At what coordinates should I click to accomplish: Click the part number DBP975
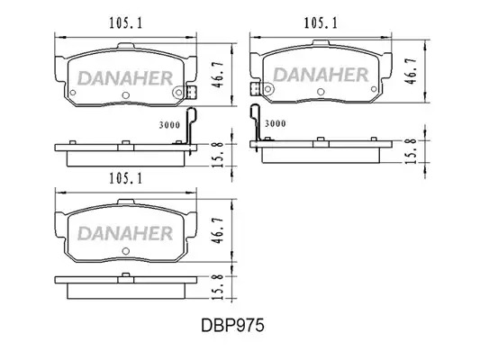(x=232, y=326)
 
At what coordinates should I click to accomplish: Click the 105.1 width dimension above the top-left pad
(x=126, y=23)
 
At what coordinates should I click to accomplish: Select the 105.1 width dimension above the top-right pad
(x=321, y=23)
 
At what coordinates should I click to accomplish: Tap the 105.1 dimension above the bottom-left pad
(x=126, y=178)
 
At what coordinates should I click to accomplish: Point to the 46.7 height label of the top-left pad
(x=219, y=76)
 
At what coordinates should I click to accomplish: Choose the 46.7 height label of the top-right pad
(x=411, y=71)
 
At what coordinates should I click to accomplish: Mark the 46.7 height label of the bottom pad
(x=219, y=230)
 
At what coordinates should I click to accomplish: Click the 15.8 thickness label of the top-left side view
(x=218, y=154)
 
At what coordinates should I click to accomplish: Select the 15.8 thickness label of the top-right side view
(x=411, y=151)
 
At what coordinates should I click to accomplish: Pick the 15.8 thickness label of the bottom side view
(x=218, y=286)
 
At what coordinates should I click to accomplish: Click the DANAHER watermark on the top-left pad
(x=125, y=78)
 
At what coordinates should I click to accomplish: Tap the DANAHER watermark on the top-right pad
(x=321, y=76)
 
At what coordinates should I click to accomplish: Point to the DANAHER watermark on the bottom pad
(x=125, y=234)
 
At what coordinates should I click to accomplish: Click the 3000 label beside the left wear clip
(x=169, y=125)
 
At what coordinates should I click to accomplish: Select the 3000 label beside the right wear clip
(x=276, y=123)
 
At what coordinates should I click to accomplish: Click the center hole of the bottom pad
(x=125, y=251)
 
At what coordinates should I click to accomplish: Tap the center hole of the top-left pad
(x=125, y=95)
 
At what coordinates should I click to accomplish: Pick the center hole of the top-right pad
(x=321, y=92)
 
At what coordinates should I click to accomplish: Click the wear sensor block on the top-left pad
(x=191, y=92)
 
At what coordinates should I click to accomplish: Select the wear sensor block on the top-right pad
(x=255, y=89)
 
